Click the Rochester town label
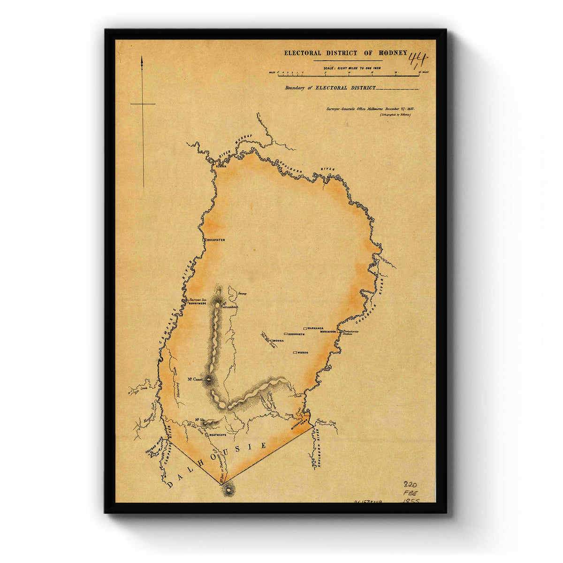(215, 240)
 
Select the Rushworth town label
(296, 334)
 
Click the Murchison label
(328, 331)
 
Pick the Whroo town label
(303, 352)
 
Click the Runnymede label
(197, 303)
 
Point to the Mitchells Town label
(299, 424)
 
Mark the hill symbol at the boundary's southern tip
(228, 490)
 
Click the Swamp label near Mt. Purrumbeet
(242, 294)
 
